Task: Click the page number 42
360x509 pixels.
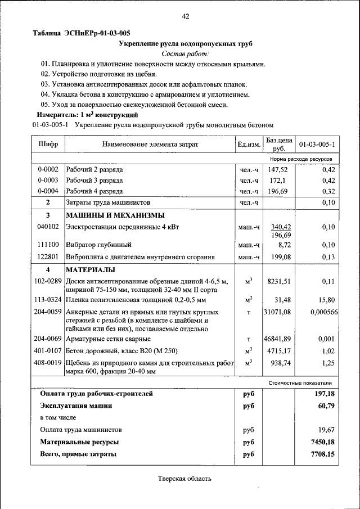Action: (x=185, y=17)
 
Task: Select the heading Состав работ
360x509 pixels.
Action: (x=185, y=54)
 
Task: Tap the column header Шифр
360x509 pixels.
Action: (x=48, y=145)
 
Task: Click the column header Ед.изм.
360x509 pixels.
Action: (x=249, y=145)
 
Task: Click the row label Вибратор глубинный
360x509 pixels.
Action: (x=99, y=245)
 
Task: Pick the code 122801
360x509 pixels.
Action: (x=48, y=257)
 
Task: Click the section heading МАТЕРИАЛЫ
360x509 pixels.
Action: (x=91, y=270)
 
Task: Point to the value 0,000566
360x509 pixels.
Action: (x=323, y=312)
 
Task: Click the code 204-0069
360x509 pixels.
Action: (x=48, y=339)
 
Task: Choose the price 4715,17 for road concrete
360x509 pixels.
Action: (x=278, y=351)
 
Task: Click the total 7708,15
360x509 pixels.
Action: (x=323, y=454)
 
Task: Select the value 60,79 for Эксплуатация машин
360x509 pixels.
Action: (x=326, y=405)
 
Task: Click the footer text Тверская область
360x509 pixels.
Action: (x=184, y=479)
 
